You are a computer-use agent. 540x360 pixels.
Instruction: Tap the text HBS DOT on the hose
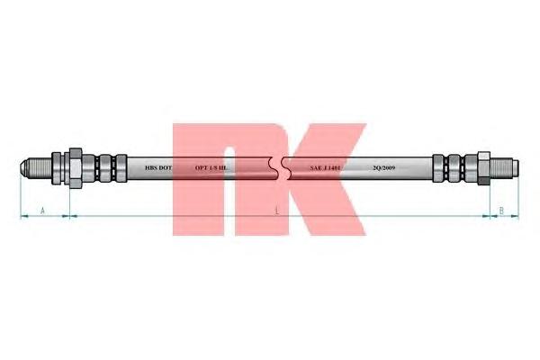(x=158, y=168)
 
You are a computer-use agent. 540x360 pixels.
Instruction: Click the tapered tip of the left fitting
(x=24, y=168)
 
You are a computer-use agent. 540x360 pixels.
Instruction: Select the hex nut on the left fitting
(x=76, y=167)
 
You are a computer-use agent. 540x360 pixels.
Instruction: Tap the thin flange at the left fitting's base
(x=58, y=168)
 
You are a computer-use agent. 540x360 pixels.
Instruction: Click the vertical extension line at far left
(x=19, y=198)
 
